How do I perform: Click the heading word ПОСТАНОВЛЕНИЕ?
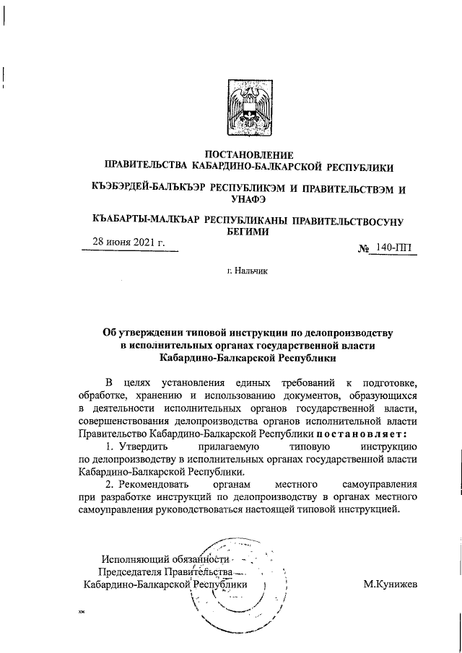[249, 155]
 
